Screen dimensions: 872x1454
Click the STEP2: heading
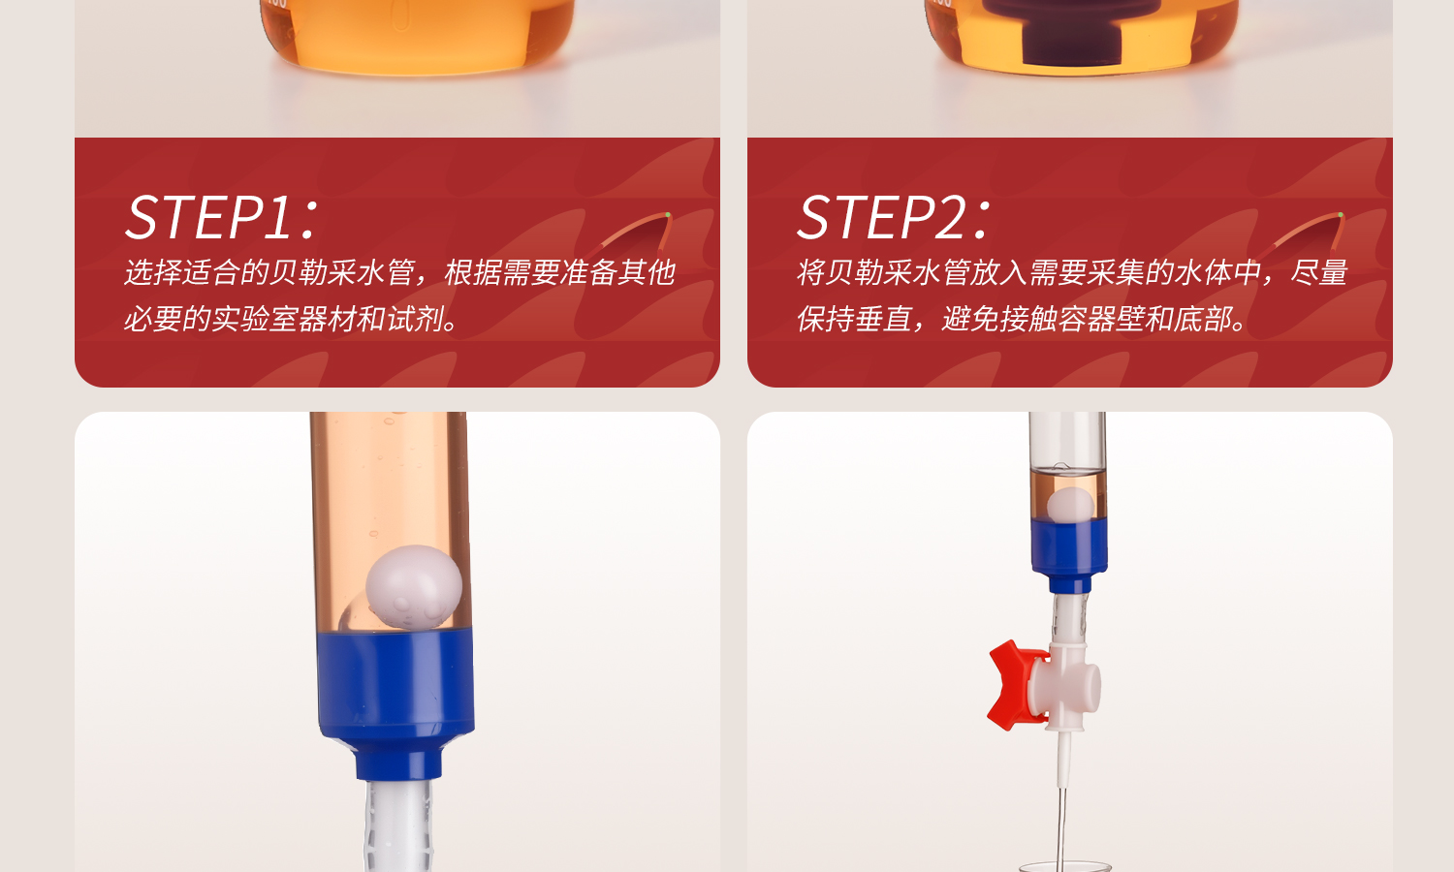click(x=894, y=217)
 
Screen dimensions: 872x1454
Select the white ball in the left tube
click(x=414, y=588)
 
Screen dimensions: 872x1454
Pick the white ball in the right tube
click(x=1070, y=505)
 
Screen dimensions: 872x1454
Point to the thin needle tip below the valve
click(x=1062, y=814)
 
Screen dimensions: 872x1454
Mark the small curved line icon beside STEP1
click(x=636, y=231)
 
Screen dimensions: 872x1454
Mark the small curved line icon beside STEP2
click(x=1309, y=231)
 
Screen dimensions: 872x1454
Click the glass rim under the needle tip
click(x=1064, y=865)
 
